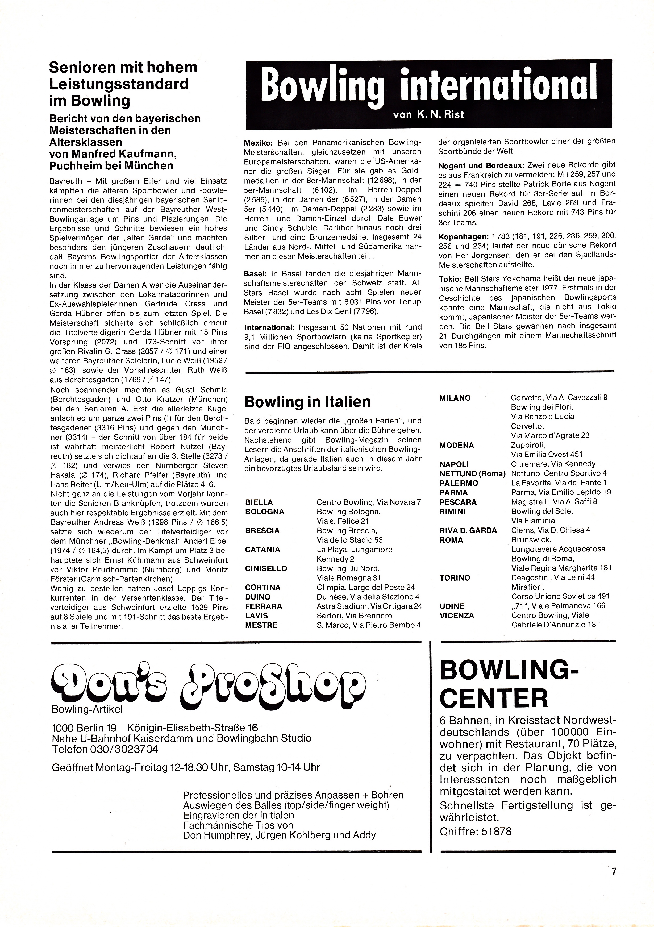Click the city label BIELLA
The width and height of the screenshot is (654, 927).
tap(259, 502)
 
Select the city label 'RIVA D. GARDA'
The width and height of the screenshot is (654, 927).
tap(468, 530)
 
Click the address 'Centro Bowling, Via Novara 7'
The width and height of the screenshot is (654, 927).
tap(369, 502)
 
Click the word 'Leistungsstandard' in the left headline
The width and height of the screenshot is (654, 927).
tap(119, 84)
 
